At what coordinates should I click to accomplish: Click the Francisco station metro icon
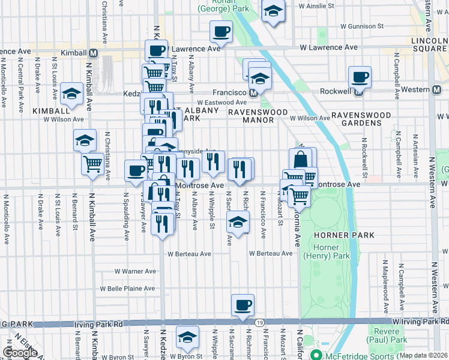(x=254, y=93)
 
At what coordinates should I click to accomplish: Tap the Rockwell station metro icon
(x=359, y=93)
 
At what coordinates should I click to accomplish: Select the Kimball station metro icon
(x=92, y=53)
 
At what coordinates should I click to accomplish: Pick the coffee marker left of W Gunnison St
(x=221, y=32)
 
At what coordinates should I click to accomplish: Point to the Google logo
(x=20, y=353)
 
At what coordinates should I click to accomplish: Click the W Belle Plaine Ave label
(x=128, y=289)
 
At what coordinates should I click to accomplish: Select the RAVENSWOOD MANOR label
(x=250, y=116)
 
